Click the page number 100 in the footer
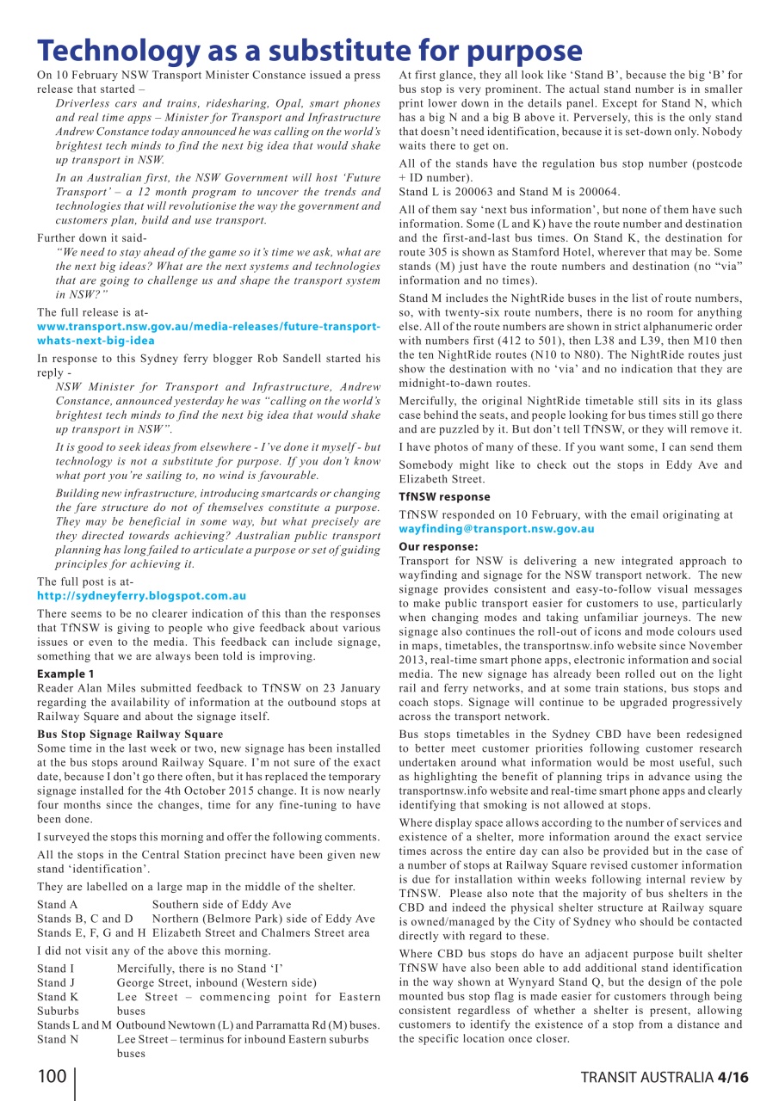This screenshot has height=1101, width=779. coord(53,1077)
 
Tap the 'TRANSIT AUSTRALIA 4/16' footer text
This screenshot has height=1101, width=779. coord(664,1078)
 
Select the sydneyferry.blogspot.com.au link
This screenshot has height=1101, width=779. coord(141,595)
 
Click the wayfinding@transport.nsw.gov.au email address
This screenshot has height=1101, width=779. coord(496,529)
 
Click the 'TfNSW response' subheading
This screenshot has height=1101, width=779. coord(444,497)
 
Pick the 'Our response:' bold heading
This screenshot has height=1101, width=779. coord(438,546)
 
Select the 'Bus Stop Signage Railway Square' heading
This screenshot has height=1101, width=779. coord(130,734)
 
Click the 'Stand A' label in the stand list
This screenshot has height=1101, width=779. coord(58,904)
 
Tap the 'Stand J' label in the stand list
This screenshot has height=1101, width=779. coord(56,982)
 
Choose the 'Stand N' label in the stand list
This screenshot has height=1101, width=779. coord(58,1038)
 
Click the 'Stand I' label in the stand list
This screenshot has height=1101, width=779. coord(55,969)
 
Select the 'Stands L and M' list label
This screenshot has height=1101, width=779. coord(74,1024)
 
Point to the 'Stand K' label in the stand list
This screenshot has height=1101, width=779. coord(58,996)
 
